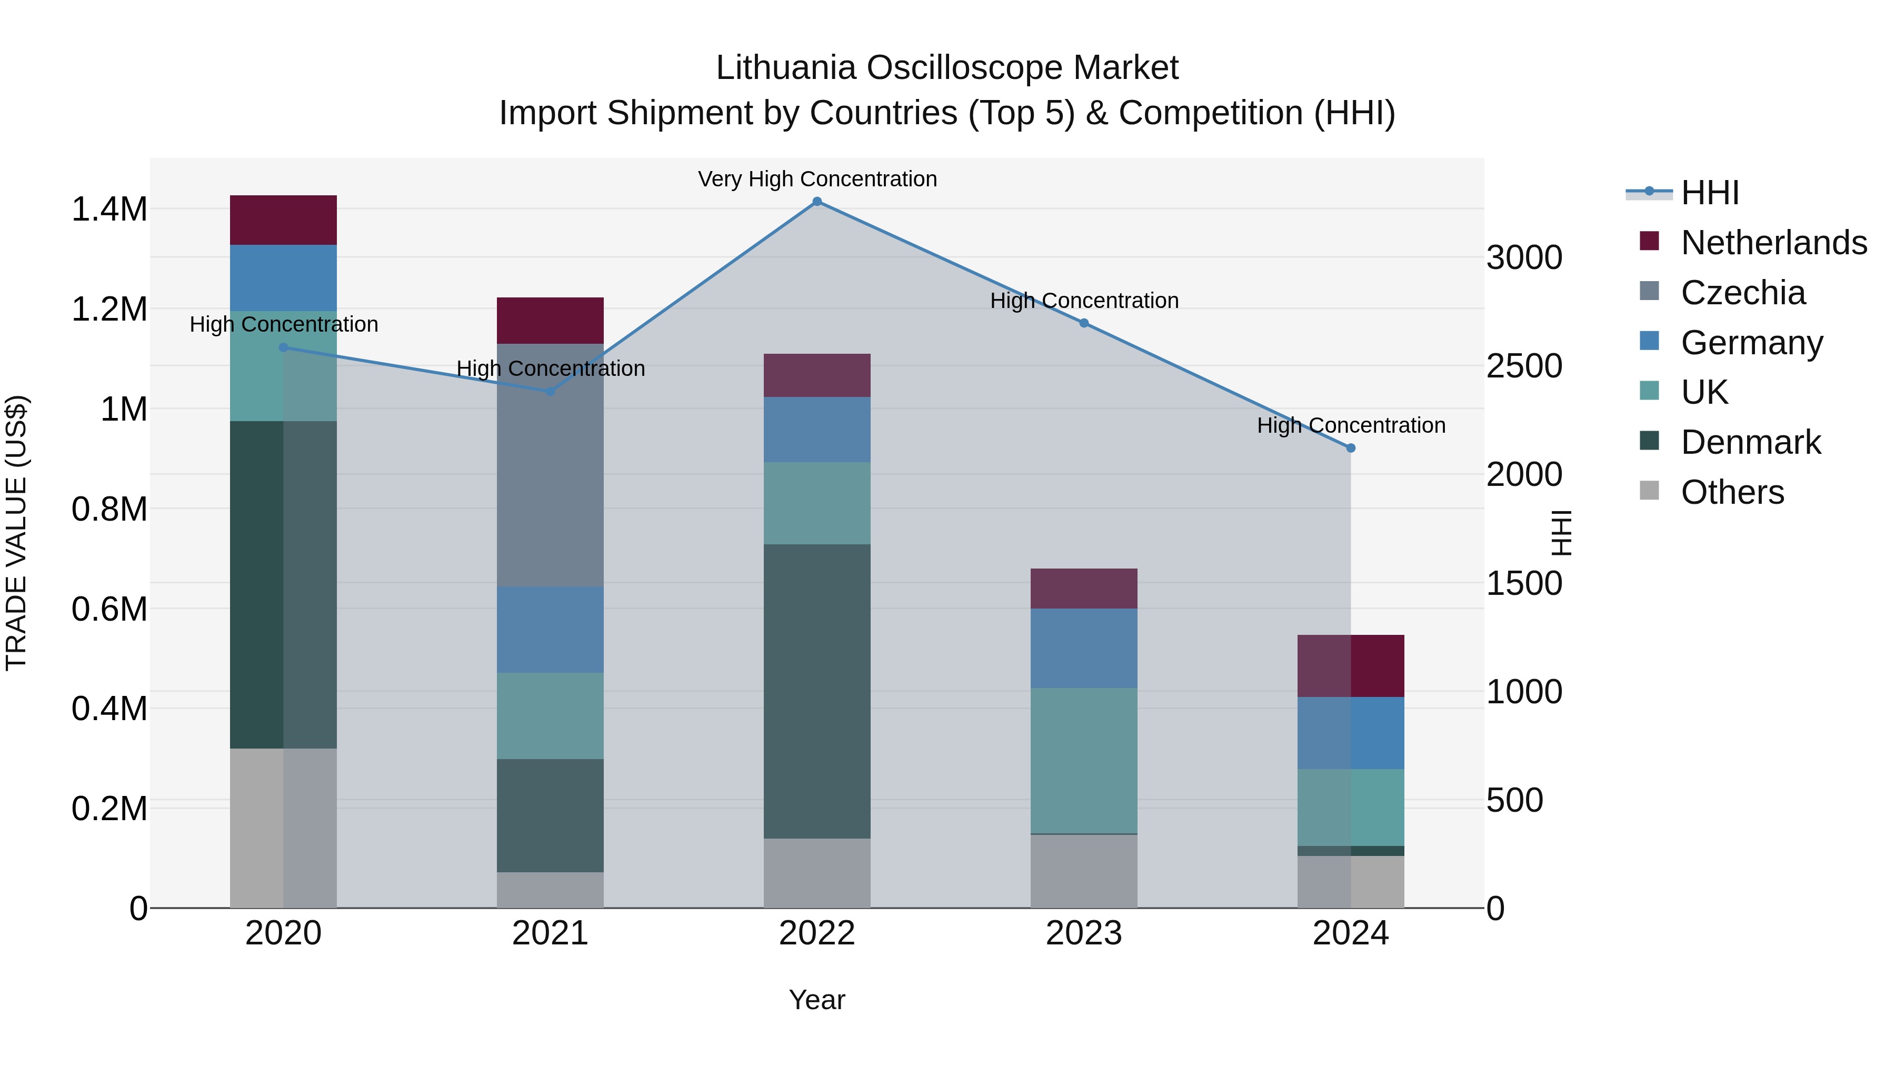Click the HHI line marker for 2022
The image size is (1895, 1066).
[x=816, y=202]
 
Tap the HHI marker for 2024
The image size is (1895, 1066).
[x=1351, y=448]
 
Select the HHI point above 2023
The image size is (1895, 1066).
[x=1084, y=323]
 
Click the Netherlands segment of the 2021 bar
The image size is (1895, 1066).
[x=550, y=321]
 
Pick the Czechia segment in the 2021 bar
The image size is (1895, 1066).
[x=550, y=465]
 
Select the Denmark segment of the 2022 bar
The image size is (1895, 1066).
[x=816, y=692]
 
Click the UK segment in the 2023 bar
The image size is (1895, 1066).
[x=1084, y=761]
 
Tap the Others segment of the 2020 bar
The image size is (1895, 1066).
[x=283, y=829]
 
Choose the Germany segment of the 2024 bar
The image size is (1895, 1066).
[x=1351, y=733]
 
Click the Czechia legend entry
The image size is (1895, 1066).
[x=1742, y=293]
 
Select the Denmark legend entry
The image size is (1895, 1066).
[x=1750, y=442]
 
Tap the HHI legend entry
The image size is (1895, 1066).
[x=1709, y=193]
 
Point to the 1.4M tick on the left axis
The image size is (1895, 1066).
[x=109, y=210]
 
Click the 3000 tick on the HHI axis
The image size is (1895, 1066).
[x=1524, y=258]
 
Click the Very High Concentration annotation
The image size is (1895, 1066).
[x=816, y=180]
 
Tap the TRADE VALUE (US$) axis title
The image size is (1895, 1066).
[x=16, y=533]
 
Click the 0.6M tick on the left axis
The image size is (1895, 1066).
[x=109, y=609]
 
